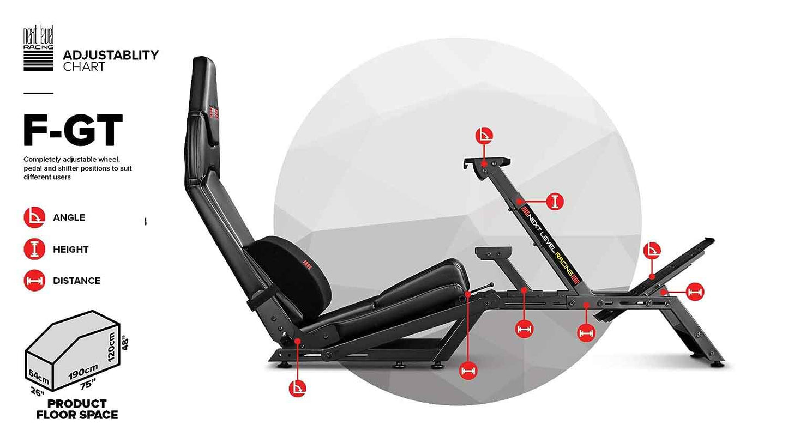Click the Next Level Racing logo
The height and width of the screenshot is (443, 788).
[38, 48]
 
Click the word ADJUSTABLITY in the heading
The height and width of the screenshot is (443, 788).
[111, 55]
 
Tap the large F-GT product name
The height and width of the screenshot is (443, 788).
[73, 130]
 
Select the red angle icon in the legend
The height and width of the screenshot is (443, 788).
[34, 217]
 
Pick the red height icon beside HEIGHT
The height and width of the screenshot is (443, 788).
[34, 249]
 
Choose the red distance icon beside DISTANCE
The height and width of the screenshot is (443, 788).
[34, 281]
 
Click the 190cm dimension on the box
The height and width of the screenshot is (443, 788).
[83, 372]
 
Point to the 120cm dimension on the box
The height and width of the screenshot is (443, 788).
[111, 347]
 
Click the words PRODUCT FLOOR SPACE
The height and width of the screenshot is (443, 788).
[77, 409]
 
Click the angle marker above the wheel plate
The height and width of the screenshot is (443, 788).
[484, 136]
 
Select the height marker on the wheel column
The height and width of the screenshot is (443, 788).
[555, 202]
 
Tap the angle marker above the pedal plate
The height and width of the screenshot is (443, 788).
[652, 250]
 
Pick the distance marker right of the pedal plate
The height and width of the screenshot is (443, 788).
[695, 292]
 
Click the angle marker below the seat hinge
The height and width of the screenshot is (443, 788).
[298, 389]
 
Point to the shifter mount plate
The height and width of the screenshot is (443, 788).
[493, 252]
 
